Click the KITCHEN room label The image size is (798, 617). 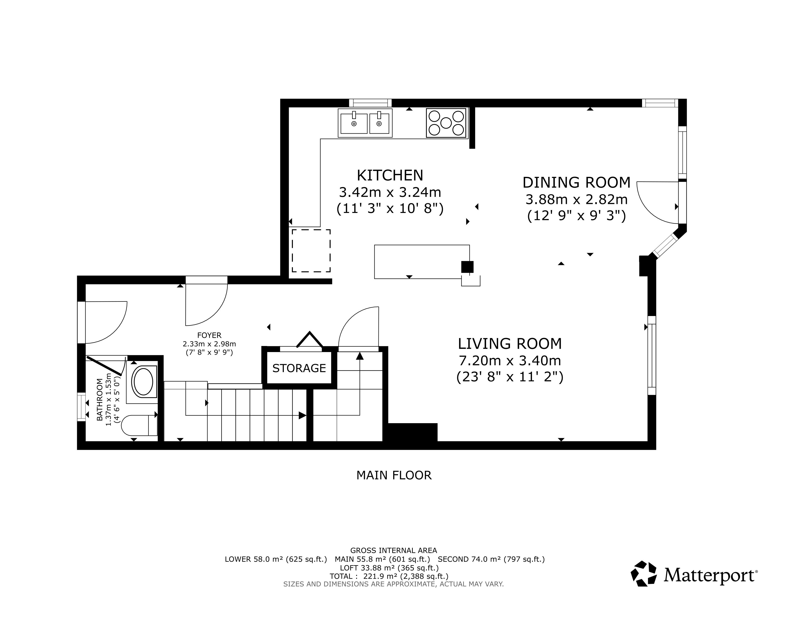(390, 175)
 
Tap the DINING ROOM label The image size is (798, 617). (576, 182)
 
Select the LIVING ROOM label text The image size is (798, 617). (510, 344)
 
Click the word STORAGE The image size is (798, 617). (299, 368)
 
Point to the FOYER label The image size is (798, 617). (209, 335)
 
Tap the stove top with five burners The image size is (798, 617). (446, 123)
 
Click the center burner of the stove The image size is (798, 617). (446, 123)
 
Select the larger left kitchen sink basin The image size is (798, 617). (354, 124)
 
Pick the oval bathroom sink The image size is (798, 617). (143, 382)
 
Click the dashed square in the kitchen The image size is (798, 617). (311, 251)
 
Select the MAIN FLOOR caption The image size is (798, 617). (394, 475)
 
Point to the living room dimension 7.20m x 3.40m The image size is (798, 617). (510, 361)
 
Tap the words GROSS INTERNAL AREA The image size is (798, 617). (393, 550)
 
